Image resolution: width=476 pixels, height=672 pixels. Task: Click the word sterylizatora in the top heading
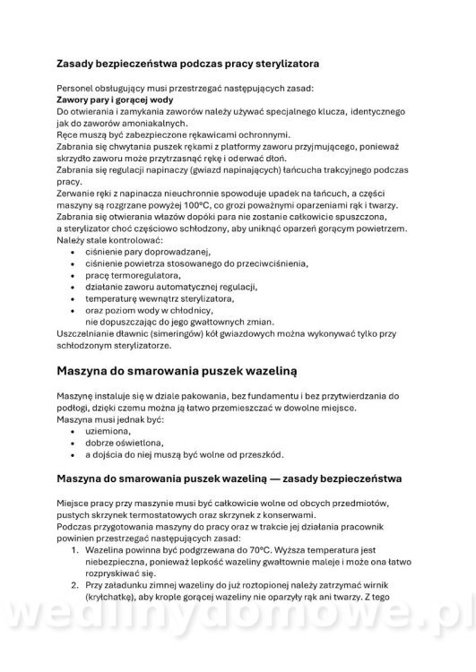coord(277,64)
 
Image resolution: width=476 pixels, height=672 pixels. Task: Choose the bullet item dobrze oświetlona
coord(124,443)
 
